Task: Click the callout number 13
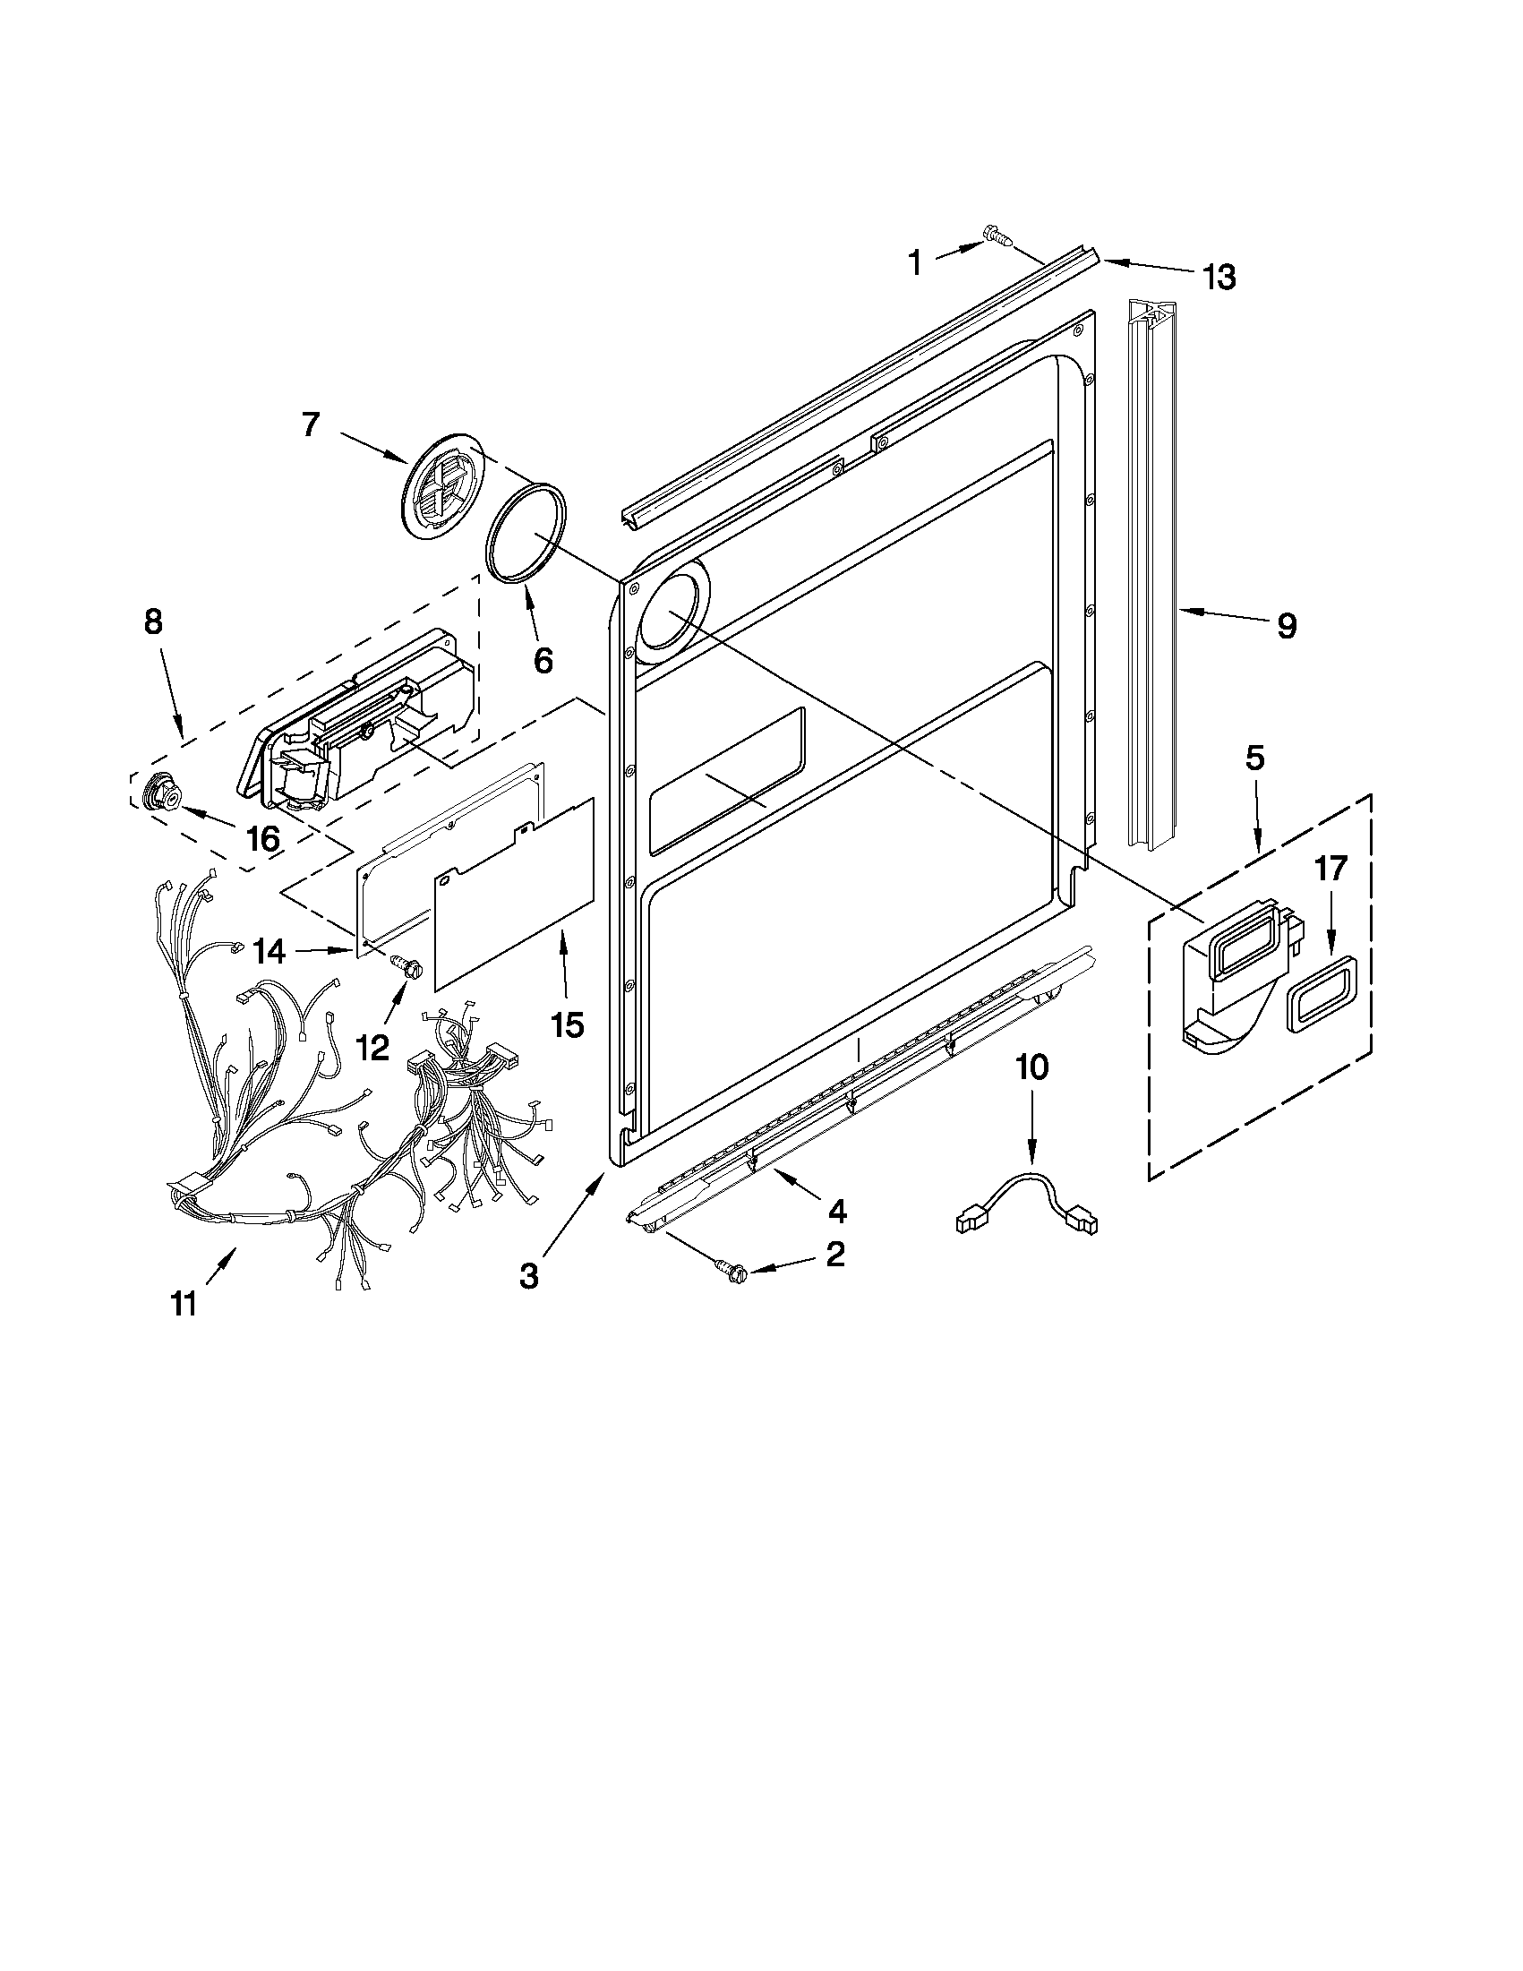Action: pyautogui.click(x=1219, y=277)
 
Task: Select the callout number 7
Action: pyautogui.click(x=311, y=424)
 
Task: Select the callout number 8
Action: pyautogui.click(x=153, y=621)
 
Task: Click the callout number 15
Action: pyautogui.click(x=567, y=1024)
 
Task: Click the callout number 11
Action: pyautogui.click(x=184, y=1304)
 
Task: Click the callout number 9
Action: pyautogui.click(x=1286, y=624)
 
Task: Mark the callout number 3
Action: pyautogui.click(x=529, y=1276)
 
